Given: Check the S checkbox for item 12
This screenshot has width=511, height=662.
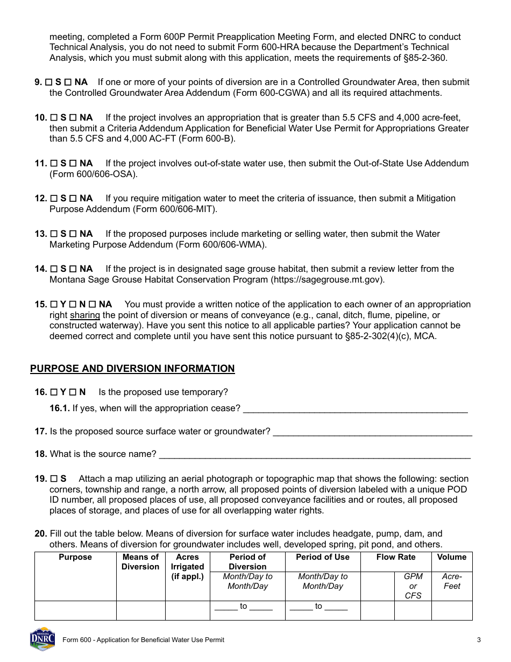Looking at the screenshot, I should [54, 199].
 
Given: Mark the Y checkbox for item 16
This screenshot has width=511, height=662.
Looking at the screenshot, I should [54, 392].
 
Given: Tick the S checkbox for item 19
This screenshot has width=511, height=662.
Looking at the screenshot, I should [54, 479].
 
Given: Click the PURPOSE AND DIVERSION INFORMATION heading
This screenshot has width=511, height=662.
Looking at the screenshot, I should [132, 369].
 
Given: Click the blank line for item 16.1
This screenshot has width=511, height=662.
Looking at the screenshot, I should [355, 409].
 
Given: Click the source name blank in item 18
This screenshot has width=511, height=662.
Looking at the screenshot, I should [315, 454].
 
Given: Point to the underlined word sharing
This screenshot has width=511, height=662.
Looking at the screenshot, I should [85, 315].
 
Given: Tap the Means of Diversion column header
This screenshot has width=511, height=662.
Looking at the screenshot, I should [140, 562].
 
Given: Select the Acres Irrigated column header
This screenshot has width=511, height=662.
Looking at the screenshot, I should [187, 567].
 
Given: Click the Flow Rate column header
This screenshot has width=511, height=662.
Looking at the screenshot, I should [395, 557].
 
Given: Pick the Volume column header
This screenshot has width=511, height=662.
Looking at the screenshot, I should [451, 557].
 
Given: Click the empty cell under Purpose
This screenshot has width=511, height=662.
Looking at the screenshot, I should [75, 610].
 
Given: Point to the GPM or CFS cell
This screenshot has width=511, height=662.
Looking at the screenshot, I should [413, 586].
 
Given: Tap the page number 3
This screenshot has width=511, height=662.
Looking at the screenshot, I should [478, 640].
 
